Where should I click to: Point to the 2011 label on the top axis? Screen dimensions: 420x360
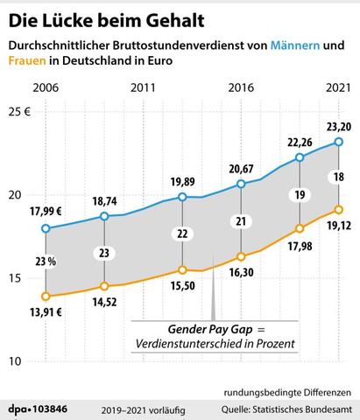pyautogui.click(x=142, y=88)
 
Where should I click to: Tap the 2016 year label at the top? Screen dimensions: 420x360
pyautogui.click(x=241, y=88)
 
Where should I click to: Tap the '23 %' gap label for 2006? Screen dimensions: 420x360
pyautogui.click(x=46, y=260)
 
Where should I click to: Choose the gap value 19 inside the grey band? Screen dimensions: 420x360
pyautogui.click(x=300, y=194)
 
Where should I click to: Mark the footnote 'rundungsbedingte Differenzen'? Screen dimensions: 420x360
pyautogui.click(x=286, y=390)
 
